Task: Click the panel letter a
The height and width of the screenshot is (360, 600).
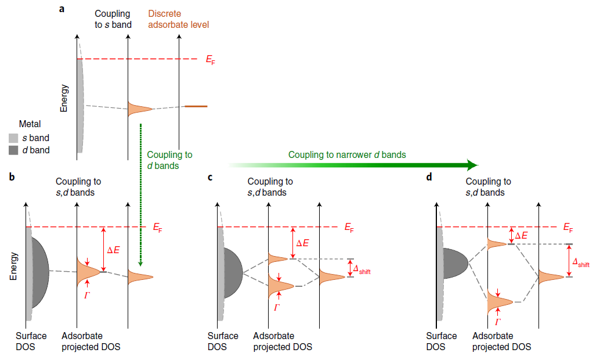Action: coord(62,9)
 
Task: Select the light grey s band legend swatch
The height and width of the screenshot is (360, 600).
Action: coord(13,138)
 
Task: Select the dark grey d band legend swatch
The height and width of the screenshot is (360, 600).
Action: coord(13,150)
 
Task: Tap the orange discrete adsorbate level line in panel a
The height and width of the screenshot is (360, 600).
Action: coord(196,106)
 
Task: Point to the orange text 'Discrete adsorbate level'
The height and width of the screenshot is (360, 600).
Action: coord(178,19)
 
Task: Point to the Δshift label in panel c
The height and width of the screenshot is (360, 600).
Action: coord(360,268)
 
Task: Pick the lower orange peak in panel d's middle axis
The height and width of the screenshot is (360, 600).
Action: coord(498,301)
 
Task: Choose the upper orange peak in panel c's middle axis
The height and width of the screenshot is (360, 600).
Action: coord(277,258)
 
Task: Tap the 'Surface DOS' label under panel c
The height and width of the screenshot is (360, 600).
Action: coord(223,341)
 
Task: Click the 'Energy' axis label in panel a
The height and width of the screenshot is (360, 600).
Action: coord(64,98)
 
